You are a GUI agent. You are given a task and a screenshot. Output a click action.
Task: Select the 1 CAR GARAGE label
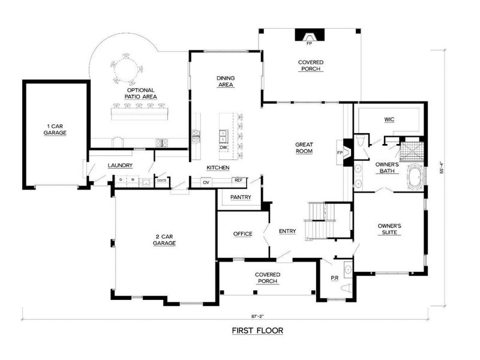55,130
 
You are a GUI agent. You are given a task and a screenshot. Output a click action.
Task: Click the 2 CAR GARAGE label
164,240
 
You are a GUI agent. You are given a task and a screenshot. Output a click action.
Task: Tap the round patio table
127,69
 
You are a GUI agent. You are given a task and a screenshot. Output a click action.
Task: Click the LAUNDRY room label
120,166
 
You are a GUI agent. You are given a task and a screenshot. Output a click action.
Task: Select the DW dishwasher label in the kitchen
223,147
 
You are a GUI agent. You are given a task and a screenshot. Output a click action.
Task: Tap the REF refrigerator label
238,181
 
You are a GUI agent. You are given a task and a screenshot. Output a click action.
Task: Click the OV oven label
206,182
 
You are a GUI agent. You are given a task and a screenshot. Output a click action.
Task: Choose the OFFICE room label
242,234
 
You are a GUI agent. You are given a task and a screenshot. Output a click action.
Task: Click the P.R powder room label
335,278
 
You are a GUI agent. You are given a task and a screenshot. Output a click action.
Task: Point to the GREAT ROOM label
305,148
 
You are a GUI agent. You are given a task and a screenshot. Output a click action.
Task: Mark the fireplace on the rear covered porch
310,36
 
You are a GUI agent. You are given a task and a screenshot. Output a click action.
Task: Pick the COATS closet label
161,179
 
